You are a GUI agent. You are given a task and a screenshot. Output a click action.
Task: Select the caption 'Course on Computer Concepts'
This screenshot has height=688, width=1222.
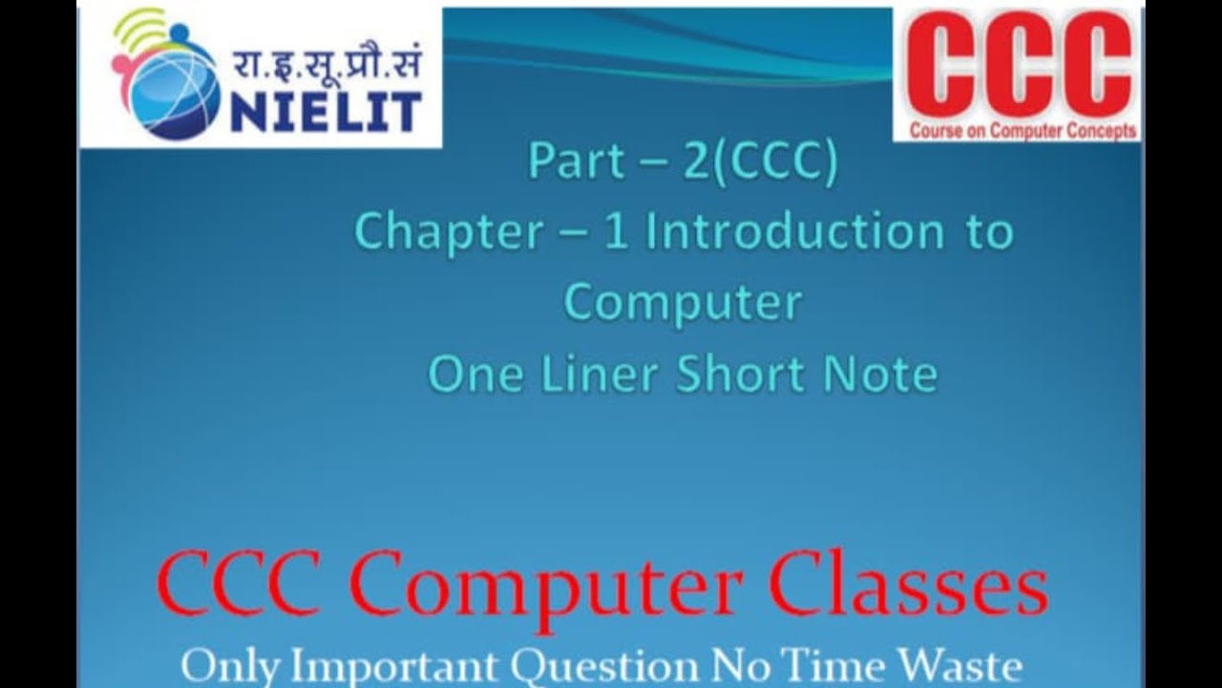point(1022,131)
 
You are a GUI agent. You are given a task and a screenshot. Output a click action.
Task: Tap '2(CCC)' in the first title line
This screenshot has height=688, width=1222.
point(759,162)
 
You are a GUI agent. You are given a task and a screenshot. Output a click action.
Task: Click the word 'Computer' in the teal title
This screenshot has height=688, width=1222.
point(683,303)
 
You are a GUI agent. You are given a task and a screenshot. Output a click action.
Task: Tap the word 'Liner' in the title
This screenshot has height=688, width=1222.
point(592,374)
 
